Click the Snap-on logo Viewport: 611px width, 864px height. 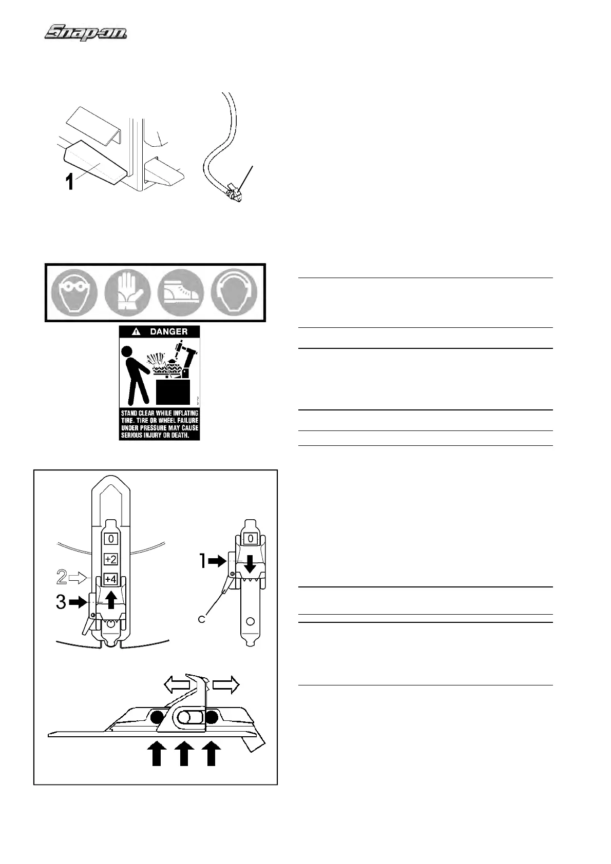coord(86,33)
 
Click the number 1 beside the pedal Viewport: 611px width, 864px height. coord(69,182)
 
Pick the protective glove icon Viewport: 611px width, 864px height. coord(127,293)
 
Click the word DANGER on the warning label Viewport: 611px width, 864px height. coord(168,331)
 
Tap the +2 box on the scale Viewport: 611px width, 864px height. coord(111,559)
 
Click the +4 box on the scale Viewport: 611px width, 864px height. coord(111,579)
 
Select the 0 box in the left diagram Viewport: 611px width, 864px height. coord(111,539)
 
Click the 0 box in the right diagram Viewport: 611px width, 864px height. coord(251,539)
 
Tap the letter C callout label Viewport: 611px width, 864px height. coord(202,619)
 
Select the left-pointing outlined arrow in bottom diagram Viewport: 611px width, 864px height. coord(176,684)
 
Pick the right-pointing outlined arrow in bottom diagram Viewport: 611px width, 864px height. coord(226,684)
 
